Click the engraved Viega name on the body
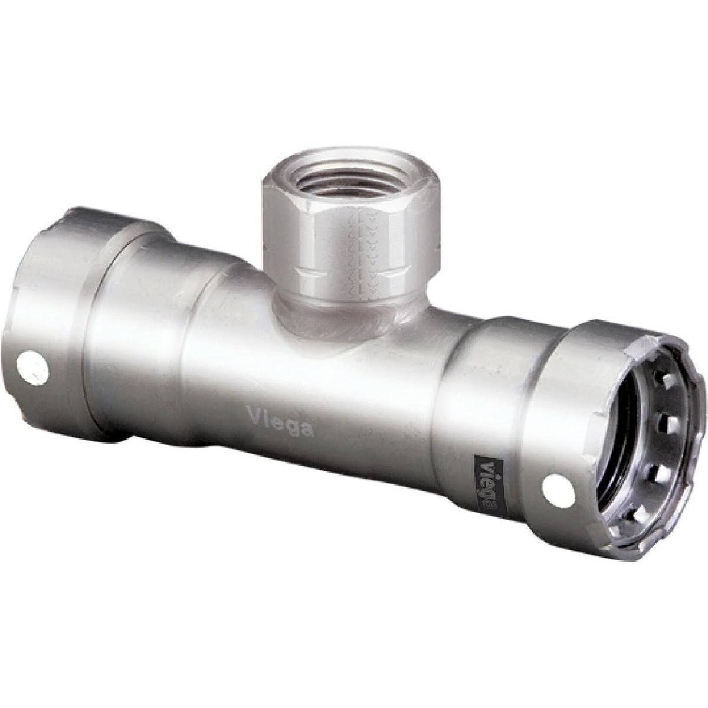[x=281, y=424]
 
